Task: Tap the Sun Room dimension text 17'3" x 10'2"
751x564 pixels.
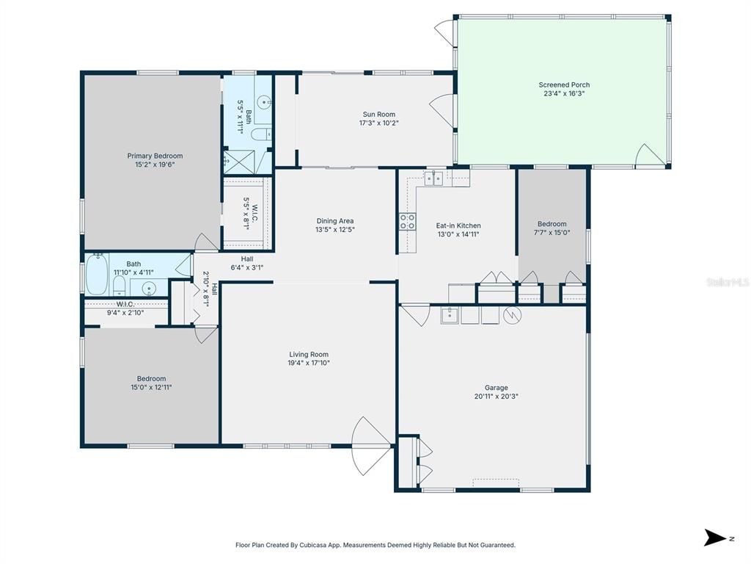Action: (378, 123)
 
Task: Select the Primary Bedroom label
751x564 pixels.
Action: (155, 156)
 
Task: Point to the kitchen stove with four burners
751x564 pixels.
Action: (406, 221)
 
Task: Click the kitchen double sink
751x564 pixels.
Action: (433, 178)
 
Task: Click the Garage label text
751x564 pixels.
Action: (496, 388)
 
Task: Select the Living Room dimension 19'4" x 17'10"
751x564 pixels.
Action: (309, 363)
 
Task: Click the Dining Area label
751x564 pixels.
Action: (335, 221)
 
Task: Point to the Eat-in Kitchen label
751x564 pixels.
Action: (458, 225)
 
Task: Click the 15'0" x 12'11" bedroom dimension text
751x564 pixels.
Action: (152, 387)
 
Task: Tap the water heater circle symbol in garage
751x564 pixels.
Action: (513, 315)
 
